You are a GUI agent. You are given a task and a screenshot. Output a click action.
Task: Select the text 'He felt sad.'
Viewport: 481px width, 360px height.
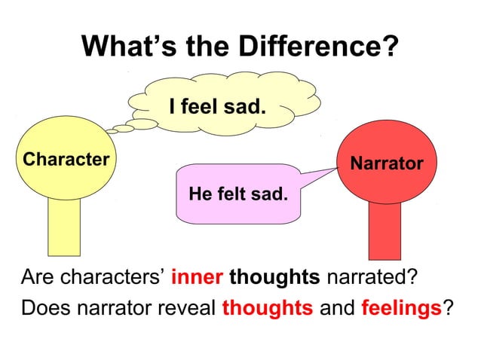238,194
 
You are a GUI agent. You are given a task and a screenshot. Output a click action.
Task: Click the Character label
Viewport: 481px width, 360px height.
66,159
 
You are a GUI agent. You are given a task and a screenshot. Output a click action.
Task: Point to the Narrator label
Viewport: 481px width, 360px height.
386,163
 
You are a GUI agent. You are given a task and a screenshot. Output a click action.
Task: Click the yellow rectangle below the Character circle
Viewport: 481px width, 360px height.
64,226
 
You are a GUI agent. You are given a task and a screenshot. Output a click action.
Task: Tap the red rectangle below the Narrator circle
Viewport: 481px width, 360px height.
389,230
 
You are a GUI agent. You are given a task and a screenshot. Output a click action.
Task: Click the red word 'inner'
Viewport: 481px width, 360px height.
197,278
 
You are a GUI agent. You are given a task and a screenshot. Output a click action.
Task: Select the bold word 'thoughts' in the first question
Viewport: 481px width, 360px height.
274,278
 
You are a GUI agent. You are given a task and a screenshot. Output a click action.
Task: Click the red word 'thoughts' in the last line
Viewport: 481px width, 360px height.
267,308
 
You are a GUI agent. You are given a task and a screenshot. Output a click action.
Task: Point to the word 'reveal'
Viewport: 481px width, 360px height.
188,308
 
